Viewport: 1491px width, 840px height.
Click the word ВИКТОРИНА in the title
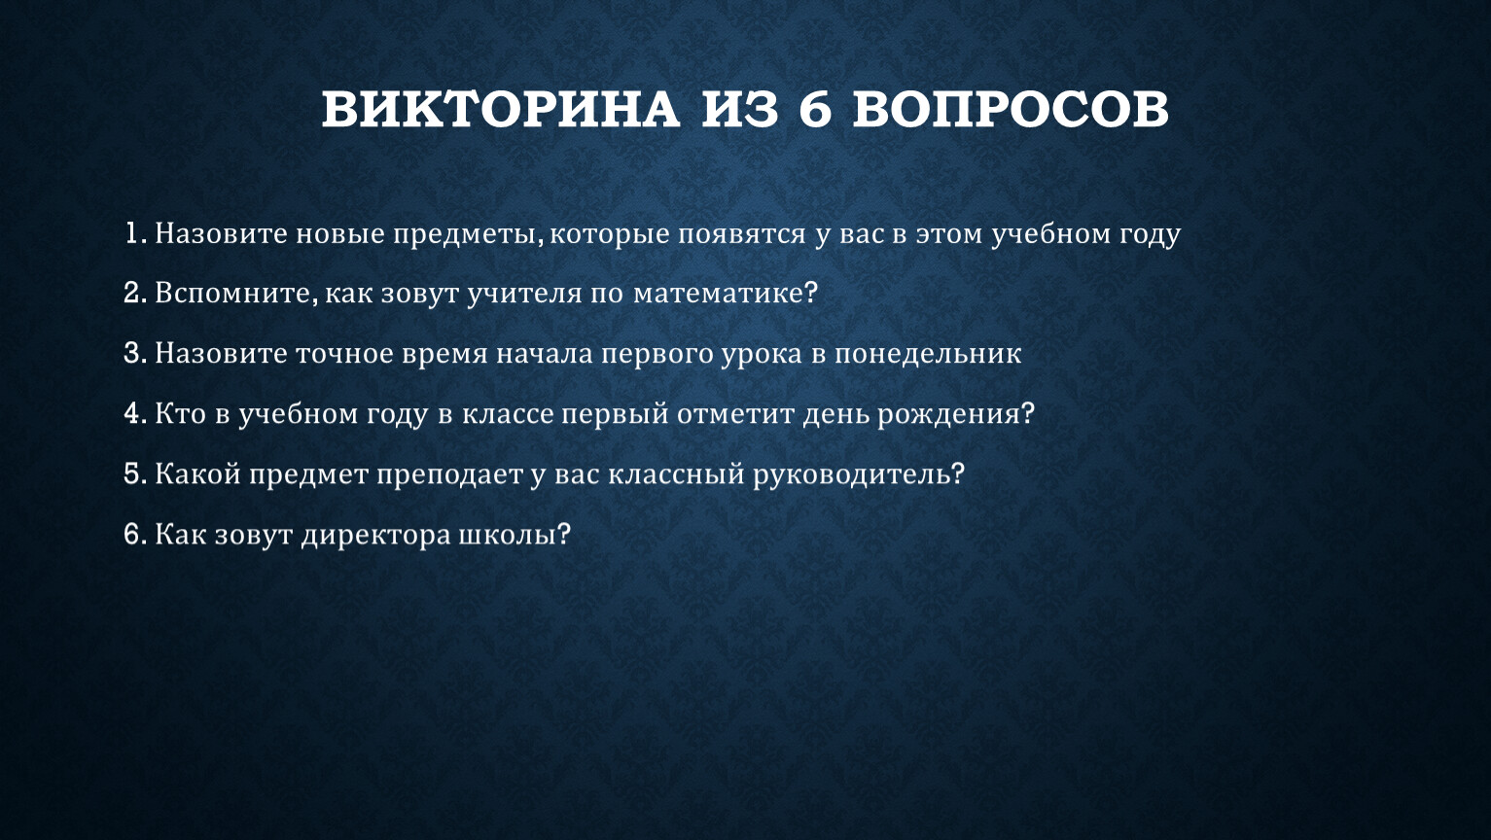pos(501,109)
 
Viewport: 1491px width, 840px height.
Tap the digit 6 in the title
pos(815,109)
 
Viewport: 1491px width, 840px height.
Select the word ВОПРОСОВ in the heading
pos(1011,109)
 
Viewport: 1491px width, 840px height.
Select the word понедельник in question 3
pos(927,354)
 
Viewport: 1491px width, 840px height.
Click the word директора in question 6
pos(375,536)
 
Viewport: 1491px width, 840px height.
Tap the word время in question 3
pos(444,354)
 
